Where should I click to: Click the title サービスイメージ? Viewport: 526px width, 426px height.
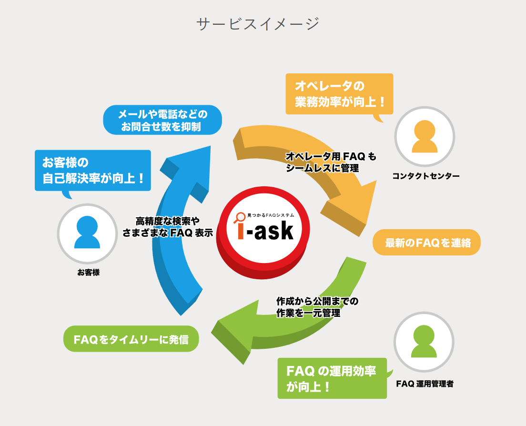coord(258,23)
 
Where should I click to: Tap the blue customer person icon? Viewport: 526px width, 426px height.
coord(87,233)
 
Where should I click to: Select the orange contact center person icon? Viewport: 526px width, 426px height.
coord(425,136)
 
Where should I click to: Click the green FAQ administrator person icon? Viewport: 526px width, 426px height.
coord(424,342)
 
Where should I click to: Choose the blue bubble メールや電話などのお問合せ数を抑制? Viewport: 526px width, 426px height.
coord(162,120)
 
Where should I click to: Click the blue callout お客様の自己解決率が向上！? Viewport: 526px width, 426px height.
coord(93,170)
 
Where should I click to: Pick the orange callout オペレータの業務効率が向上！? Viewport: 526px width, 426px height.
coord(339,94)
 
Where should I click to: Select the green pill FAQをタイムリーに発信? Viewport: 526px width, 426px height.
coord(131,339)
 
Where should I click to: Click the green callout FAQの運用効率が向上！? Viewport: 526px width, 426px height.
coord(332,378)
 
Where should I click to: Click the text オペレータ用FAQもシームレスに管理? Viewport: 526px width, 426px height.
coord(331,162)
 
